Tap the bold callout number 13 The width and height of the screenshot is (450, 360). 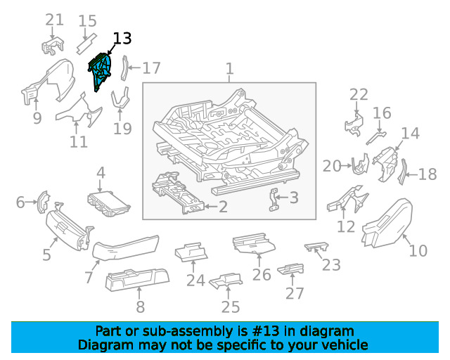(122, 39)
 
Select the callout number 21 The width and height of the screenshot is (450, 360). (54, 20)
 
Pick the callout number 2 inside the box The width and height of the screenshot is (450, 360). (223, 207)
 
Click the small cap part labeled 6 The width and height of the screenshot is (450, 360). (41, 202)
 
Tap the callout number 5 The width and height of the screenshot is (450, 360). (46, 254)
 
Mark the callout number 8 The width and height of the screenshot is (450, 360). (140, 306)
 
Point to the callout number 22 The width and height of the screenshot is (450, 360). (359, 95)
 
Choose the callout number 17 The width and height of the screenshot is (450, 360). (151, 68)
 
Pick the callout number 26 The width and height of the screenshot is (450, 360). (262, 274)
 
